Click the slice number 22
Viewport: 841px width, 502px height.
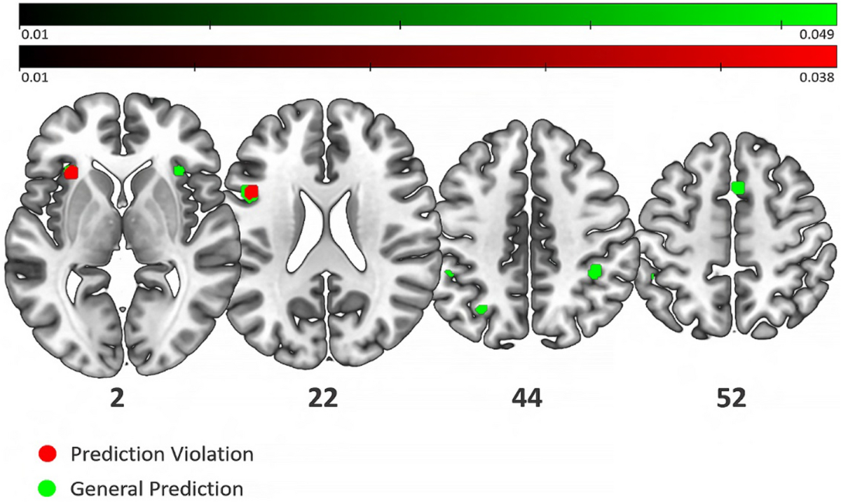pos(323,398)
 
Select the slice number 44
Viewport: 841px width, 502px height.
pos(526,398)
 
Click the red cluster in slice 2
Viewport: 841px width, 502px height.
pos(71,172)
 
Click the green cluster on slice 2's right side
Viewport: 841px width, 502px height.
pos(179,170)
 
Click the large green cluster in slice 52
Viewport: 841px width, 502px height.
pos(737,187)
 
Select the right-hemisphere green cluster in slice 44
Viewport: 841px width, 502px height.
pos(595,272)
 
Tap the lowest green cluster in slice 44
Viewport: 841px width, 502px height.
pos(481,309)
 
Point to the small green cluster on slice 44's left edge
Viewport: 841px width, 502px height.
pos(449,274)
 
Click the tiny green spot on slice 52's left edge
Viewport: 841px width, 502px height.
pos(653,277)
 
